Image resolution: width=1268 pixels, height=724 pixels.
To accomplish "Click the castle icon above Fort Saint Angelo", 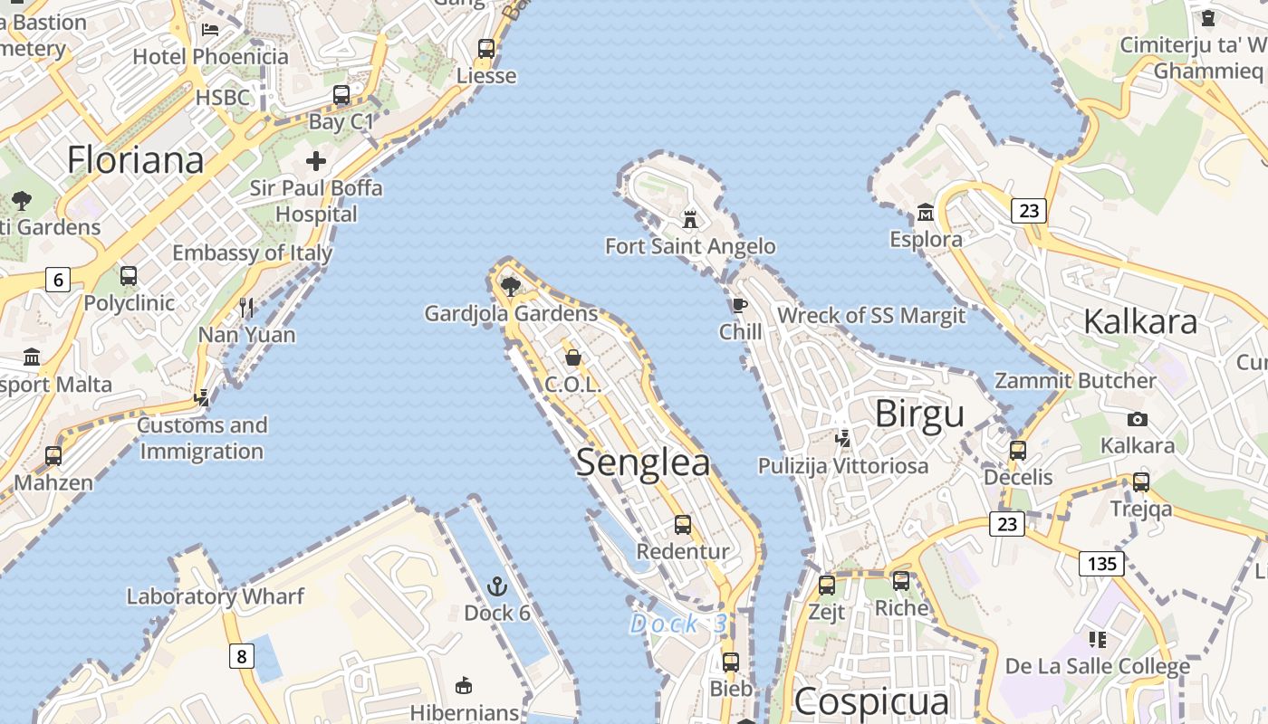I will (690, 219).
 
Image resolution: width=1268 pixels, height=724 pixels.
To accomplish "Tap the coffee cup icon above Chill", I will (739, 305).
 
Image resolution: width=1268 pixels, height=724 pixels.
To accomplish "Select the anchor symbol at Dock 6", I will (496, 586).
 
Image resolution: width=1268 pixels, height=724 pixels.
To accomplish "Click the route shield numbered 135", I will (1101, 564).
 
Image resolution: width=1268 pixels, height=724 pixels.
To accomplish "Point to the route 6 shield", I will (58, 280).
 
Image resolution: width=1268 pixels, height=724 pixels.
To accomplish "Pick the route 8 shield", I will (241, 655).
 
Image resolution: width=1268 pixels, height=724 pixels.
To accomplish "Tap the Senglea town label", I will (643, 462).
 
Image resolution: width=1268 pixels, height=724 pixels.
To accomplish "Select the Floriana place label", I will (136, 160).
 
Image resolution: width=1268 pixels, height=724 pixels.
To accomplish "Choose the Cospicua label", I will (871, 701).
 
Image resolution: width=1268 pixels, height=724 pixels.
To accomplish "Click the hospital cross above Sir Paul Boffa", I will (315, 162).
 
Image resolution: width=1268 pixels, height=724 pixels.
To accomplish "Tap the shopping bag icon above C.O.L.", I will (572, 357).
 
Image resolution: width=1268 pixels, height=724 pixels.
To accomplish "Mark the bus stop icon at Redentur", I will (683, 525).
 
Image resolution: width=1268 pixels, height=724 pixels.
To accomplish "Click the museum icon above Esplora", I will (926, 213).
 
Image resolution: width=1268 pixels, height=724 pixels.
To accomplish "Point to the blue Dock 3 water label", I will (677, 624).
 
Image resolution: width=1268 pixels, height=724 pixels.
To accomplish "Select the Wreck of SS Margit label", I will (871, 316).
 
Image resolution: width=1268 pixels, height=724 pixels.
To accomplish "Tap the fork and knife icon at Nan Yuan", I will (246, 308).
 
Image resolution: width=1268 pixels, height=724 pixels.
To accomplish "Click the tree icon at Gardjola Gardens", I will (511, 287).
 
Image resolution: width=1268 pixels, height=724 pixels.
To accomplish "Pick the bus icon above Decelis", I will (1018, 450).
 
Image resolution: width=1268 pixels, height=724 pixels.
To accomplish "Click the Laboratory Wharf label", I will (216, 596).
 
